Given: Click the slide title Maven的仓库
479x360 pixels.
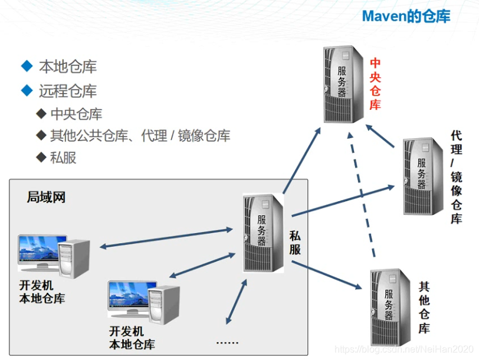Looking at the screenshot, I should tap(406, 16).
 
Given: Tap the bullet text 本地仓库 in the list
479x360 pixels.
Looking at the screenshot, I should tap(67, 67).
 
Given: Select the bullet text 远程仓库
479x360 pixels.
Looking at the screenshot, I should tap(67, 91).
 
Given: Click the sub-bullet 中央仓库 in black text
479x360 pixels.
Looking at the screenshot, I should tap(76, 114).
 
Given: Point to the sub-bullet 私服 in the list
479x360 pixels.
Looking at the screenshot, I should tap(63, 158).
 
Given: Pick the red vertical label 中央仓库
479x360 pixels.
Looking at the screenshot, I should tap(375, 84).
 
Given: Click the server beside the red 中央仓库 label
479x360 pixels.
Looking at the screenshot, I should tap(342, 84).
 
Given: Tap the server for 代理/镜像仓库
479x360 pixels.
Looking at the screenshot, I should tap(422, 175).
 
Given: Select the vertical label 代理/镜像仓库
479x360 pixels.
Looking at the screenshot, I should tap(456, 176).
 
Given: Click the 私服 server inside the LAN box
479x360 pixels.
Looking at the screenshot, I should tap(263, 232).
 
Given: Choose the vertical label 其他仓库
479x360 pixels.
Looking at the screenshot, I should tap(424, 307).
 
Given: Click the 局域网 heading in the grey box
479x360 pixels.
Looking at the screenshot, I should tap(46, 197).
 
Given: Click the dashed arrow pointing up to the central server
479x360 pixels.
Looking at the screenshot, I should tap(362, 195).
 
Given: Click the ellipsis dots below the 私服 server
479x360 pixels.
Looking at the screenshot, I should tap(227, 342).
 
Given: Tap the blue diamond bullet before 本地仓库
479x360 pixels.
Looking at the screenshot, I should tap(26, 66).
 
